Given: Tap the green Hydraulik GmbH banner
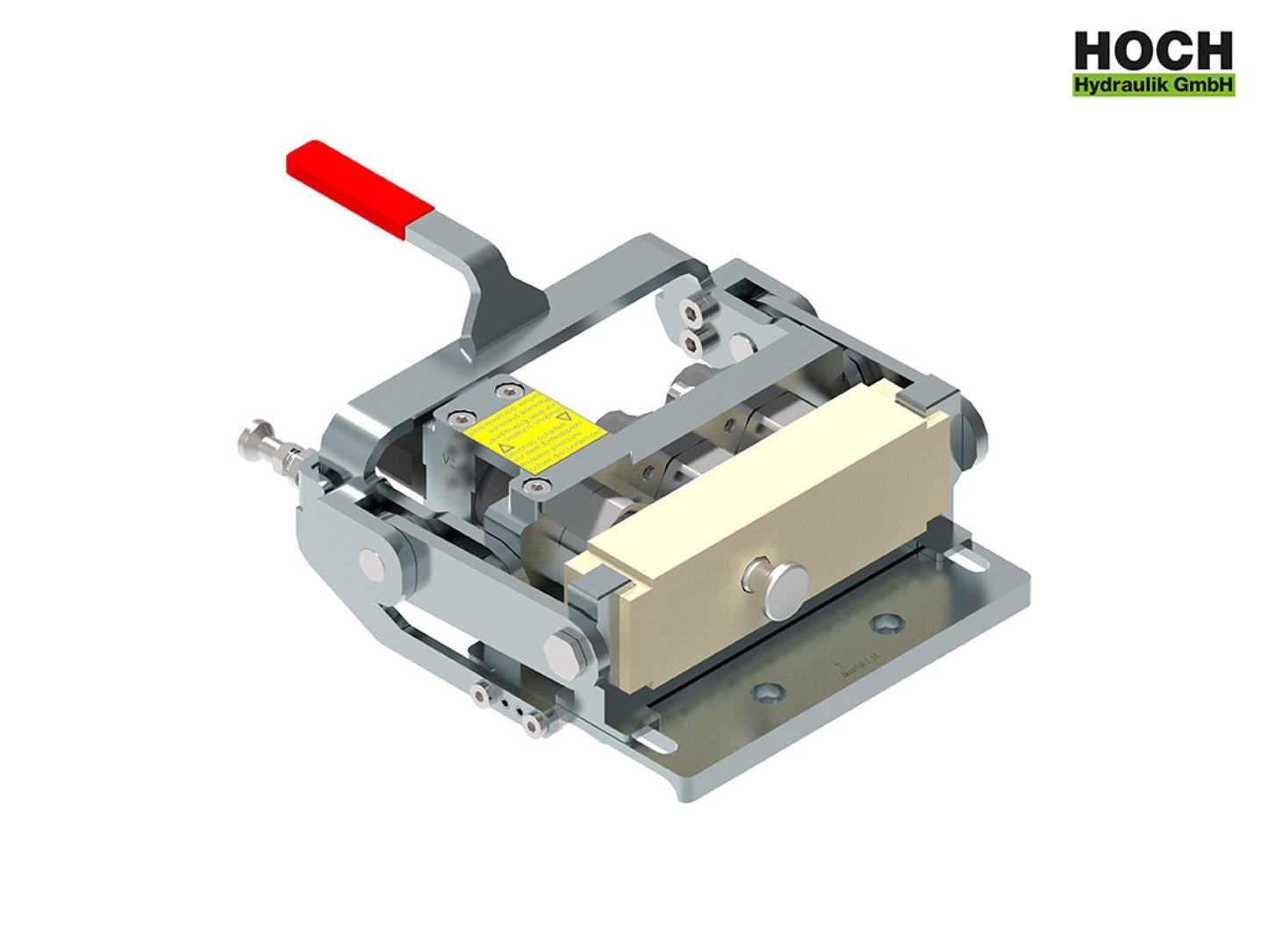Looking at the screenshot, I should click(x=1153, y=85).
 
